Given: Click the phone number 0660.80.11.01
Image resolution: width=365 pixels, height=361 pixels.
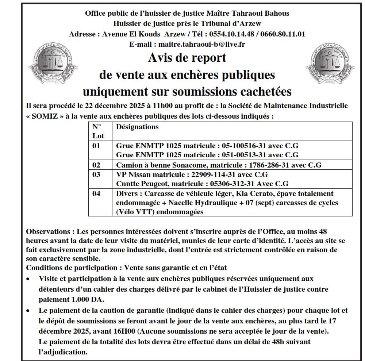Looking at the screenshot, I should pyautogui.click(x=283, y=34).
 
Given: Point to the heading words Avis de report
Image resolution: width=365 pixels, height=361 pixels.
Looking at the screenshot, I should pyautogui.click(x=187, y=58).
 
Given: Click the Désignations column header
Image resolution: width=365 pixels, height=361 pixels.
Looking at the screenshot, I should pyautogui.click(x=137, y=127).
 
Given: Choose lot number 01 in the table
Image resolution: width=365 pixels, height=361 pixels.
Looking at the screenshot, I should pyautogui.click(x=96, y=145).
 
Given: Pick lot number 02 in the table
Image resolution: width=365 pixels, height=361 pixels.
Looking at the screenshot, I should pyautogui.click(x=96, y=165).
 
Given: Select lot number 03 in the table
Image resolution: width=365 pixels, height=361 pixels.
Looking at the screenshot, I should pyautogui.click(x=96, y=174).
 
